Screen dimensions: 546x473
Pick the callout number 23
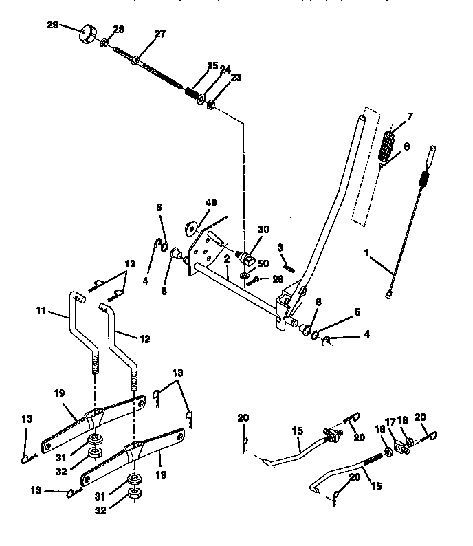click(x=236, y=78)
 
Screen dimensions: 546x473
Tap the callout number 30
click(x=263, y=230)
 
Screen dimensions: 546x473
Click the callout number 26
click(x=276, y=279)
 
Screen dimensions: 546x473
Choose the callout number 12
click(x=143, y=339)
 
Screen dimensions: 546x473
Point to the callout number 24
click(x=225, y=68)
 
